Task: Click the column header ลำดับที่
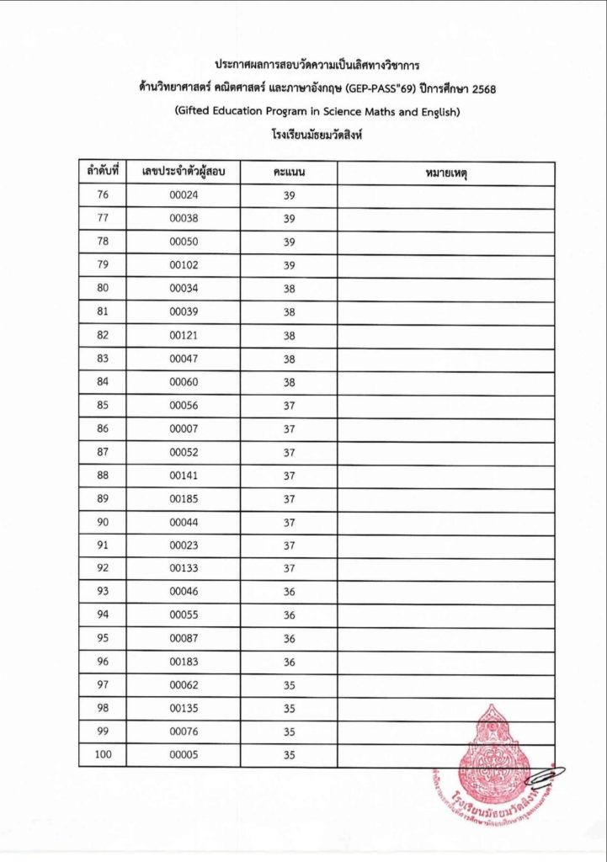coord(102,173)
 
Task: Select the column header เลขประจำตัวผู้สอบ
coord(183,173)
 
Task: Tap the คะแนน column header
coord(289,173)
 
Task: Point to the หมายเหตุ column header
coord(445,173)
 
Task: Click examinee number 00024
coord(183,195)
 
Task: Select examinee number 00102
coord(183,265)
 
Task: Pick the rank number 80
coord(104,289)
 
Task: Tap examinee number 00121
coord(183,335)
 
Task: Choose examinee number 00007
coord(183,428)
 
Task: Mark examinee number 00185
coord(183,498)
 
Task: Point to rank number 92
coord(104,568)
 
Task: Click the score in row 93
coord(289,592)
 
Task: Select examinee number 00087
coord(183,638)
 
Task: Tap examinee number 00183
coord(183,662)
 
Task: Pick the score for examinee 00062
coord(289,685)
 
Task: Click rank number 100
coord(104,755)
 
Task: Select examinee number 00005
coord(183,755)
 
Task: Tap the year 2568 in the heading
coord(479,87)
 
